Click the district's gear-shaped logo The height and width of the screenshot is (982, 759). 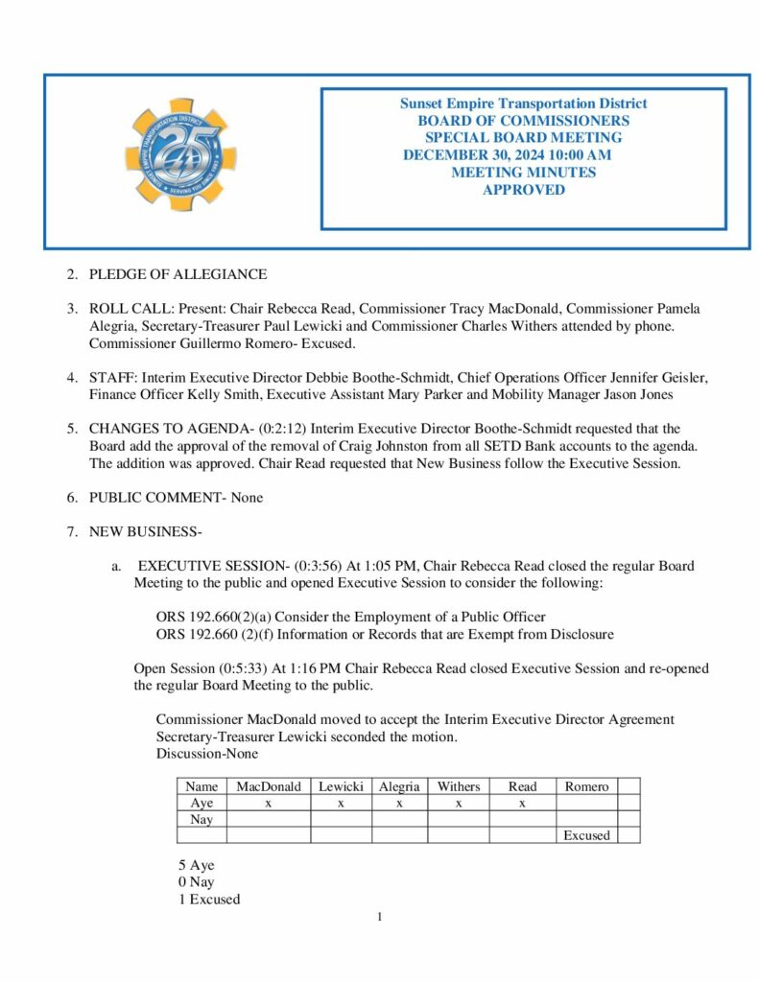pos(181,154)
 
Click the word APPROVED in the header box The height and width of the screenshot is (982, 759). pos(523,190)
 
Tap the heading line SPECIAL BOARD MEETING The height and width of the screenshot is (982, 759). pos(523,138)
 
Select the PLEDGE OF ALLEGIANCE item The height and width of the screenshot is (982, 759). pos(178,274)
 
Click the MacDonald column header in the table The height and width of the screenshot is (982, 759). pos(269,786)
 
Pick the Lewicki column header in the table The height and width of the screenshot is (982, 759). pos(341,786)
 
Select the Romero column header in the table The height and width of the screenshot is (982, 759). pos(586,786)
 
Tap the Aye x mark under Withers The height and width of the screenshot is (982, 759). pos(459,803)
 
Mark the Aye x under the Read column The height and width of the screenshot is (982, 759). pos(522,803)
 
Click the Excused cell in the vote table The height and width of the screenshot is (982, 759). pos(586,835)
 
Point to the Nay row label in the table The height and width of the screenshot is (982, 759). pos(202,819)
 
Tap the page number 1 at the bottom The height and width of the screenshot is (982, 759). pos(380,918)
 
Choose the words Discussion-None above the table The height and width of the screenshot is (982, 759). pos(206,753)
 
